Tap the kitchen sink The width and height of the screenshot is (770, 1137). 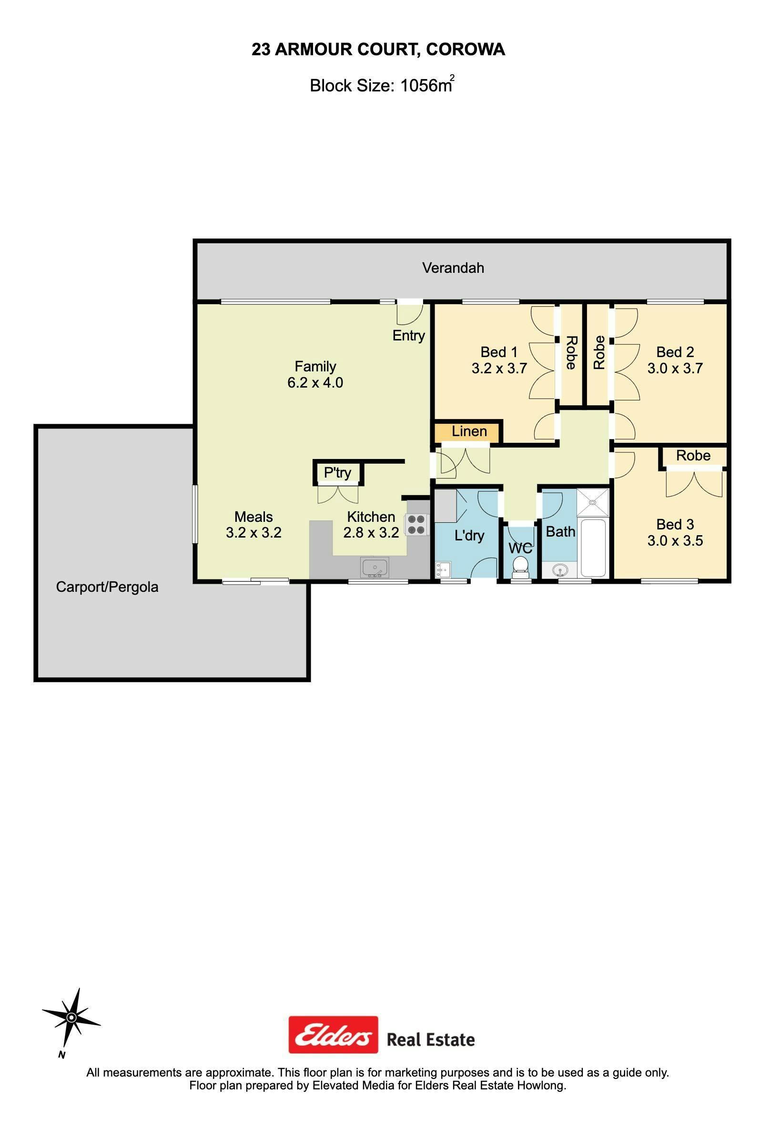click(375, 568)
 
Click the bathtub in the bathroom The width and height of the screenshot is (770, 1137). click(593, 548)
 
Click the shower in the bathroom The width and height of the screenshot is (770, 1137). click(593, 502)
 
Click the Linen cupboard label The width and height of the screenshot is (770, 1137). click(469, 431)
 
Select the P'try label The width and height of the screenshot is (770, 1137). click(337, 473)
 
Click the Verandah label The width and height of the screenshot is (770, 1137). click(453, 268)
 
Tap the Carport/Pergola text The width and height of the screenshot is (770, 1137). click(107, 587)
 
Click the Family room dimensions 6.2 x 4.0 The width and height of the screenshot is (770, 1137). click(315, 383)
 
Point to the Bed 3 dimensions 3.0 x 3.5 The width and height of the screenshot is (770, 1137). click(675, 540)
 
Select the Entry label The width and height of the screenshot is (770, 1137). click(408, 336)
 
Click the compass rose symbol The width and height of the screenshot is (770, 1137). click(71, 1018)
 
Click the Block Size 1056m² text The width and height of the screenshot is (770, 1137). click(382, 85)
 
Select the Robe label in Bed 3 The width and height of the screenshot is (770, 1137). click(693, 456)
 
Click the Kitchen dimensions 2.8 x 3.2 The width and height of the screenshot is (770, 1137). click(371, 532)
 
